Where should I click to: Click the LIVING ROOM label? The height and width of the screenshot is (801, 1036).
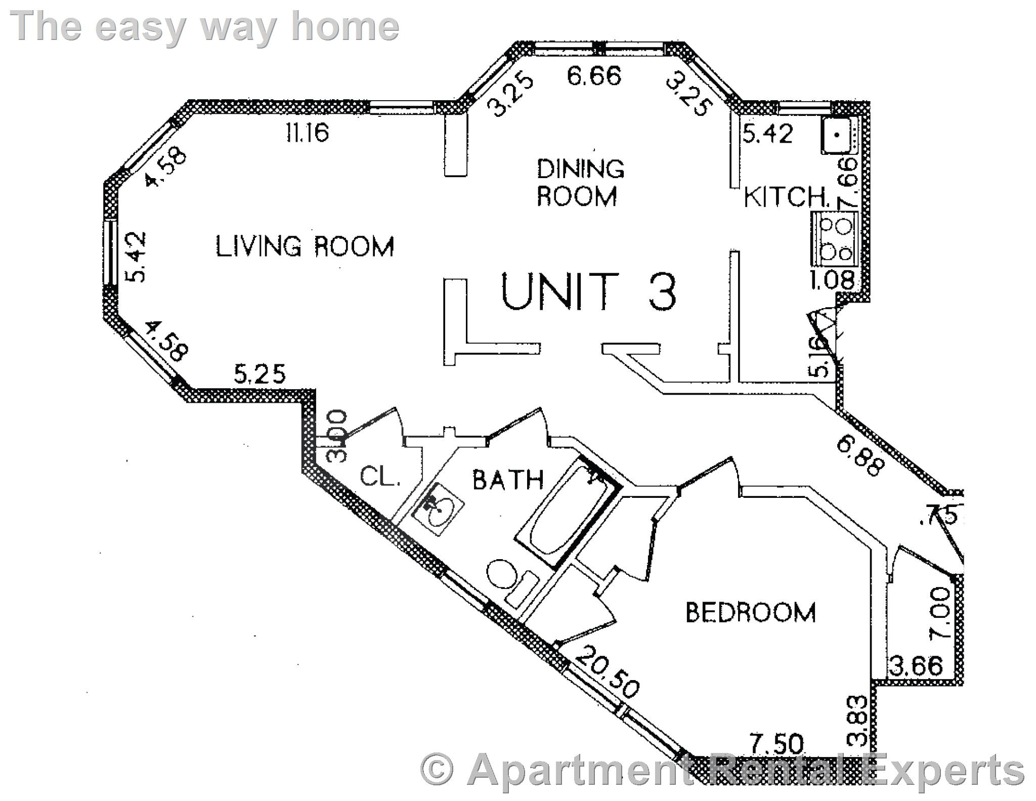[305, 247]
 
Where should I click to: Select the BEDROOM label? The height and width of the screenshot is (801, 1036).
[750, 612]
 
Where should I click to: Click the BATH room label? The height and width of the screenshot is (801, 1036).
[508, 479]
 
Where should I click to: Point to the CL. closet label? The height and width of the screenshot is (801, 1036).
[380, 476]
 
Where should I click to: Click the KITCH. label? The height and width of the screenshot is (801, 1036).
[787, 197]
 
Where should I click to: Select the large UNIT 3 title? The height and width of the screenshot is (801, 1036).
[588, 292]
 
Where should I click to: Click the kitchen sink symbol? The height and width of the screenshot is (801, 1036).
[839, 135]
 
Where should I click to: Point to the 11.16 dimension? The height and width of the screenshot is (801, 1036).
[307, 133]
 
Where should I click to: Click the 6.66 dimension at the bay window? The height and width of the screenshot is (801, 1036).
[593, 77]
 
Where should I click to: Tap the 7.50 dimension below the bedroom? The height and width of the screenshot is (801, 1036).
[776, 744]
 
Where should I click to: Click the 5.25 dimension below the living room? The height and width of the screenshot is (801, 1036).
[260, 375]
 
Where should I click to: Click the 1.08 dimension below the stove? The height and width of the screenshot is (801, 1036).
[832, 280]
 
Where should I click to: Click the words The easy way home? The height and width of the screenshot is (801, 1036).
[204, 26]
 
